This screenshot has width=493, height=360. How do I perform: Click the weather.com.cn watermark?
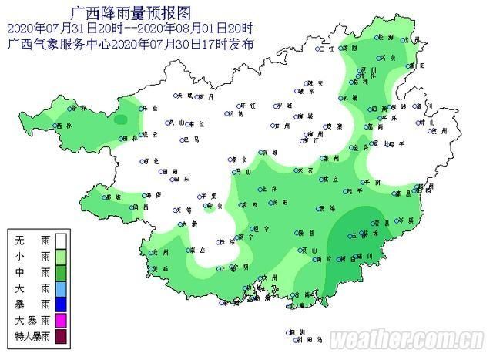[408, 340]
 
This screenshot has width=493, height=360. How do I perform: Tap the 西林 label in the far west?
[61, 126]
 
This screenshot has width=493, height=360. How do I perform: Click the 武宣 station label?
[332, 179]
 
